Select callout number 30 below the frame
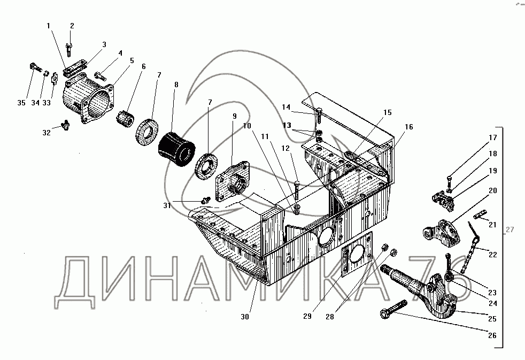(x=245, y=316)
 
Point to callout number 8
(x=176, y=84)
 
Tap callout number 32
(x=47, y=132)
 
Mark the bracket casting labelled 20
(x=440, y=233)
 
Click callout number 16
(x=408, y=127)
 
